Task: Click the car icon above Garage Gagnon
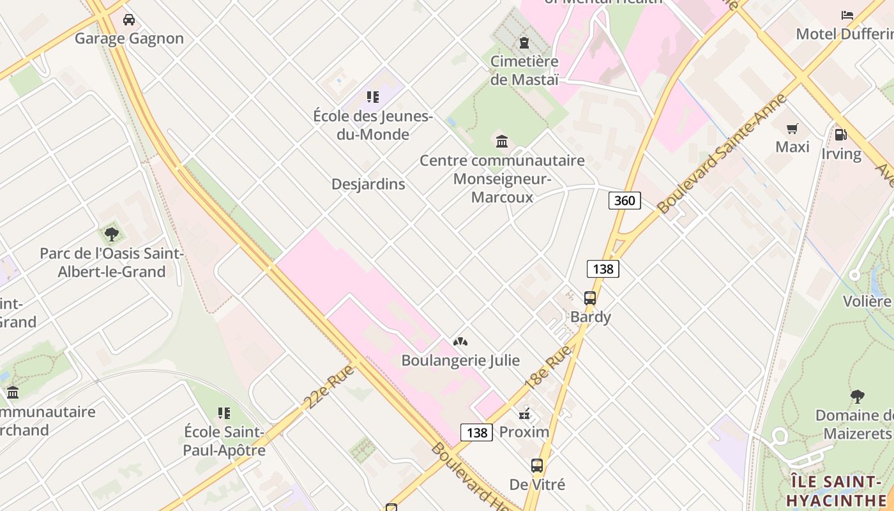click(x=129, y=20)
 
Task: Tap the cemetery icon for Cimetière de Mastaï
click(x=524, y=43)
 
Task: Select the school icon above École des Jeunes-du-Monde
click(x=373, y=97)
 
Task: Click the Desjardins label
click(x=368, y=184)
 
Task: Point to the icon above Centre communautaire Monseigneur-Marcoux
click(x=502, y=141)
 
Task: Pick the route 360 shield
click(x=624, y=201)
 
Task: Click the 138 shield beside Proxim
click(x=476, y=432)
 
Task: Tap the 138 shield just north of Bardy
click(x=603, y=268)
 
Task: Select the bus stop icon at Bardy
click(x=590, y=298)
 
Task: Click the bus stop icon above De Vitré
click(x=537, y=466)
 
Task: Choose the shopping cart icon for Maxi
click(x=792, y=129)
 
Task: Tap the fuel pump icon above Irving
click(x=841, y=135)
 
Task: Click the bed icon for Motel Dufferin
click(x=847, y=15)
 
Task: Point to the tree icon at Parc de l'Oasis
click(x=112, y=234)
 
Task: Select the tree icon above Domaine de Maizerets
click(x=857, y=397)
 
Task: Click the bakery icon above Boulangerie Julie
click(x=460, y=342)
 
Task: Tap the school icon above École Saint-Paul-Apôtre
click(x=223, y=413)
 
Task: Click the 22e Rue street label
click(x=329, y=386)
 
